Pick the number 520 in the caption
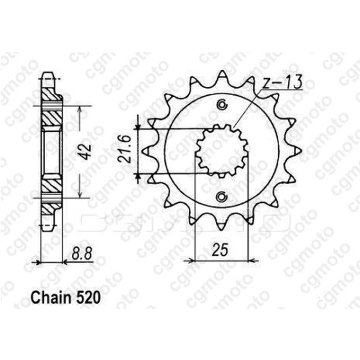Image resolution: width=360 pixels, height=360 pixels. [x=86, y=300]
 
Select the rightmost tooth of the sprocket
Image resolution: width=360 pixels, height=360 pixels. [x=298, y=151]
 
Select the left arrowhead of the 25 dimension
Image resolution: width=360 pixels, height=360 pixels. [x=188, y=260]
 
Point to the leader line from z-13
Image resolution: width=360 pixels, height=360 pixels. [x=248, y=109]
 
